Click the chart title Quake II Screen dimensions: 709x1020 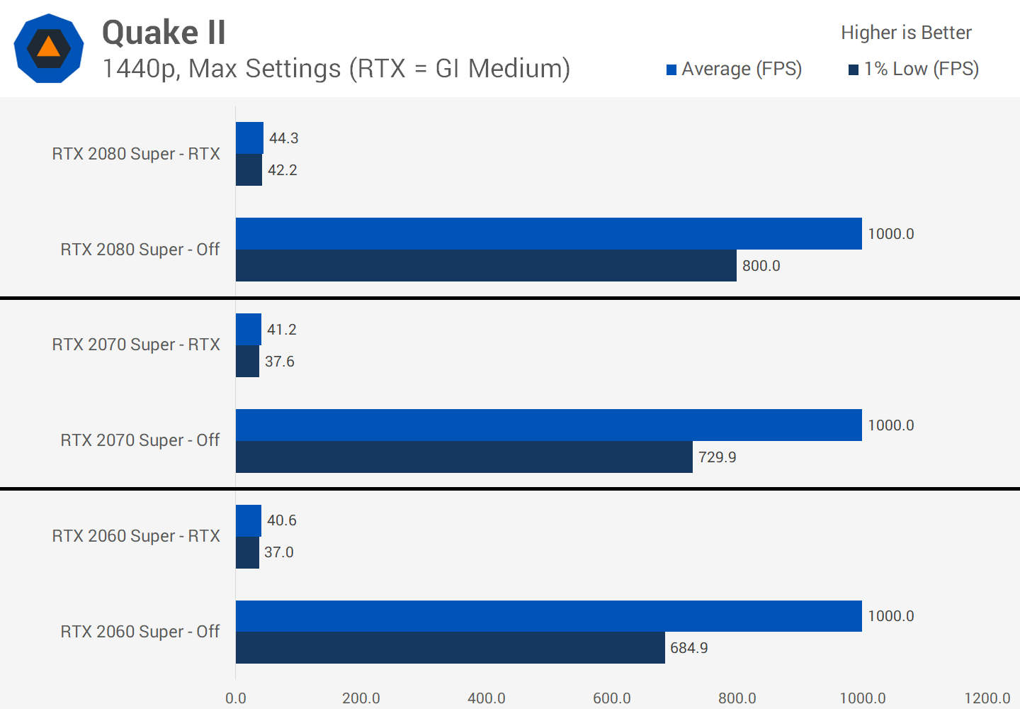[x=164, y=33]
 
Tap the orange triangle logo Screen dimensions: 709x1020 [x=48, y=48]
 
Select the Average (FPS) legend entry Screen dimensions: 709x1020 [x=734, y=69]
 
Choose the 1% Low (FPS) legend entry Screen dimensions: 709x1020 [x=914, y=69]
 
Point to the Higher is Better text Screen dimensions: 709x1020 [x=906, y=33]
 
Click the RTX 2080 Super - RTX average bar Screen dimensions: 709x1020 [x=249, y=138]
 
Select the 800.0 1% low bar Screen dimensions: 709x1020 [x=486, y=266]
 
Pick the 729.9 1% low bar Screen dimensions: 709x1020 [x=464, y=457]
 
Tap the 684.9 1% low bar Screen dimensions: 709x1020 [x=450, y=648]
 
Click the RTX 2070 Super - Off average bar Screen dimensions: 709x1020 [x=548, y=425]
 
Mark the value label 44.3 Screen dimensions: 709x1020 [x=283, y=138]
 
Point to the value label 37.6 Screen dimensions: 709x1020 [x=280, y=362]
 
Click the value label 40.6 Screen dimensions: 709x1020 [x=282, y=520]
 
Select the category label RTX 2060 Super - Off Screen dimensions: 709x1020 [x=140, y=632]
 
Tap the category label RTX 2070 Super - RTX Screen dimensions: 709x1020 [x=136, y=345]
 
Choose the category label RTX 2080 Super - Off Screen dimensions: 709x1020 [x=140, y=250]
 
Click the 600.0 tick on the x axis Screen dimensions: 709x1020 [x=612, y=698]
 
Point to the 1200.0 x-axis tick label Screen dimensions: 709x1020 [x=987, y=698]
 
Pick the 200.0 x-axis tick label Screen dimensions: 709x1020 [x=361, y=698]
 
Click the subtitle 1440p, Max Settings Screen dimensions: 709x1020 [x=336, y=69]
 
